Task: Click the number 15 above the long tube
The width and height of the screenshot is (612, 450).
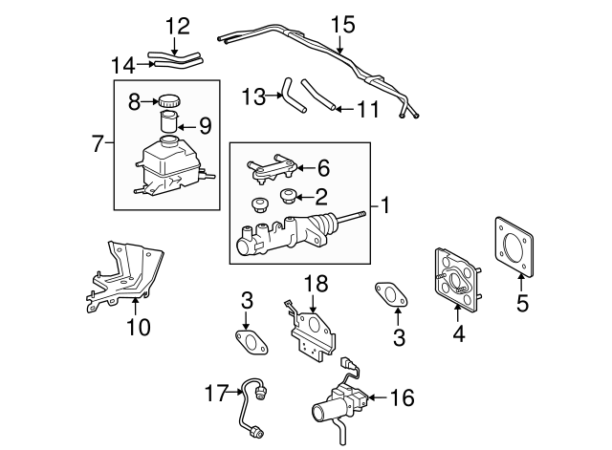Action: (339, 23)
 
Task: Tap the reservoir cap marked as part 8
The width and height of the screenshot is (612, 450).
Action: (169, 99)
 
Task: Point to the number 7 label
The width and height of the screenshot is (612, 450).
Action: (98, 144)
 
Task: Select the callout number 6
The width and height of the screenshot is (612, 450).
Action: (322, 169)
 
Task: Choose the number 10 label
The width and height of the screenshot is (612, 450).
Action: (139, 327)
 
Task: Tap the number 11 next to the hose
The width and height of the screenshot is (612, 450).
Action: (368, 109)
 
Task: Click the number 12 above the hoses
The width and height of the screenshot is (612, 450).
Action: (177, 23)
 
